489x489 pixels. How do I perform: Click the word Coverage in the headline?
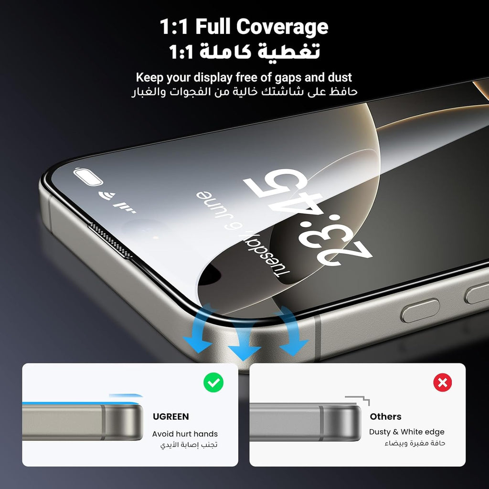[282, 27]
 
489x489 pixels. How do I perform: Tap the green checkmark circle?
[213, 383]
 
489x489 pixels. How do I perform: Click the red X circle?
[443, 383]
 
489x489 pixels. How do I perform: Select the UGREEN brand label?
[170, 416]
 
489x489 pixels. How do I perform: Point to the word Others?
[385, 416]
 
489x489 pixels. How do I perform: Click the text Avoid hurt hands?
[185, 434]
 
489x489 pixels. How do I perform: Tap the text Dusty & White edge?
[407, 432]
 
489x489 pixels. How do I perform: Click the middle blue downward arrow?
[244, 339]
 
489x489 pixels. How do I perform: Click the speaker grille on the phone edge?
[111, 240]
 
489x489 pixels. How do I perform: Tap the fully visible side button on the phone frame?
[420, 310]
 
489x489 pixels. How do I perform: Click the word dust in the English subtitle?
[340, 77]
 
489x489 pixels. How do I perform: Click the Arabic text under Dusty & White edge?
[415, 443]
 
